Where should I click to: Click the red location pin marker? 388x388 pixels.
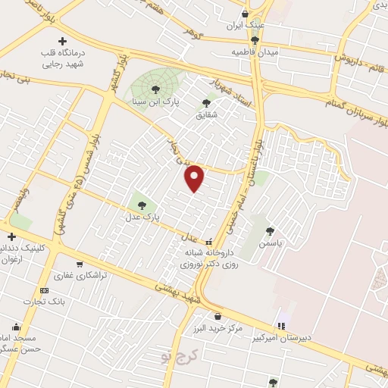pyautogui.click(x=195, y=177)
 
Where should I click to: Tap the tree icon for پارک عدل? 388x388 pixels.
pyautogui.click(x=142, y=205)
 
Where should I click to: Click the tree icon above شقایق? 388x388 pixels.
pyautogui.click(x=206, y=103)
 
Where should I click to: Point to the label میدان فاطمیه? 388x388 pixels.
pyautogui.click(x=257, y=52)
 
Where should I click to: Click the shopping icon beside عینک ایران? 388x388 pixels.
pyautogui.click(x=244, y=14)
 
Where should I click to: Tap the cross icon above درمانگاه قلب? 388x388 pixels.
pyautogui.click(x=62, y=40)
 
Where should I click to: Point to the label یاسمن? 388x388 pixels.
pyautogui.click(x=271, y=244)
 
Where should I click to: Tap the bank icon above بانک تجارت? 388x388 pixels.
pyautogui.click(x=44, y=290)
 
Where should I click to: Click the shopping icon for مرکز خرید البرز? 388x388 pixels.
pyautogui.click(x=218, y=317)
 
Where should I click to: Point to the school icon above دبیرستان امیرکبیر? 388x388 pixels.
pyautogui.click(x=282, y=326)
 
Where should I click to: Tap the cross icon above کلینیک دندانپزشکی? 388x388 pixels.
pyautogui.click(x=11, y=237)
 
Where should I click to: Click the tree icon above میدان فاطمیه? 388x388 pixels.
pyautogui.click(x=255, y=39)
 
